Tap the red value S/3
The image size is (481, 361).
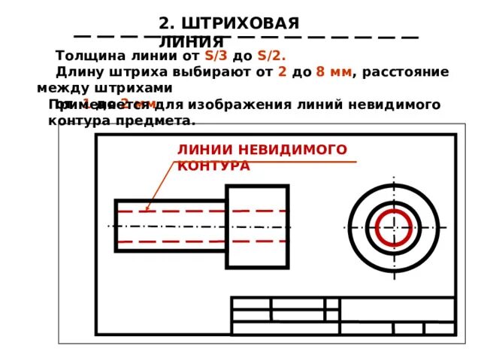216,56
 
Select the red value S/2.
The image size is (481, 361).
271,56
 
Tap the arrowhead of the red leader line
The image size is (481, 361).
148,208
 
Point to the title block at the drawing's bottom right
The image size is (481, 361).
343,315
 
